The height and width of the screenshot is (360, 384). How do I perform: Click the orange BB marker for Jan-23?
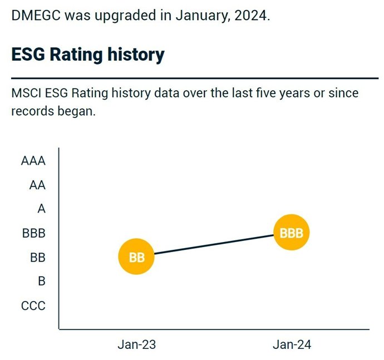(x=136, y=258)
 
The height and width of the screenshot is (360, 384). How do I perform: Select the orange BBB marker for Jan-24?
(x=291, y=233)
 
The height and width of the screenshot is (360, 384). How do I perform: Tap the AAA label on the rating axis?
(x=33, y=161)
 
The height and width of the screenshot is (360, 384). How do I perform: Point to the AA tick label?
(x=37, y=185)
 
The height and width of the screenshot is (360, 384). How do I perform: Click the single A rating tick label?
(x=41, y=209)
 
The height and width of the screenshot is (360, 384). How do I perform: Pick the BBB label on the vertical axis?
(x=33, y=234)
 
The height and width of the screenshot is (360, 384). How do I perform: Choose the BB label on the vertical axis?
(x=37, y=258)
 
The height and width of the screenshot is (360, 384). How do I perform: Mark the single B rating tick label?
(x=41, y=282)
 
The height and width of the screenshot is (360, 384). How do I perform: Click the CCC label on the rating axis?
(x=33, y=305)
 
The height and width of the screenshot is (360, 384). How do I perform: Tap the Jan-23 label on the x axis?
(x=136, y=344)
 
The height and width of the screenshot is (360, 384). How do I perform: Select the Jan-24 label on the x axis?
(x=291, y=344)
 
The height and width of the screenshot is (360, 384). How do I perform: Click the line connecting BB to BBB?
(x=214, y=245)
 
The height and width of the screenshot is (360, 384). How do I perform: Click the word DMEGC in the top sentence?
(x=36, y=15)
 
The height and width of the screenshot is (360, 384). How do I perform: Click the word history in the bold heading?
(x=133, y=55)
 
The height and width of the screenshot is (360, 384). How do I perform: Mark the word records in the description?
(x=31, y=111)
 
